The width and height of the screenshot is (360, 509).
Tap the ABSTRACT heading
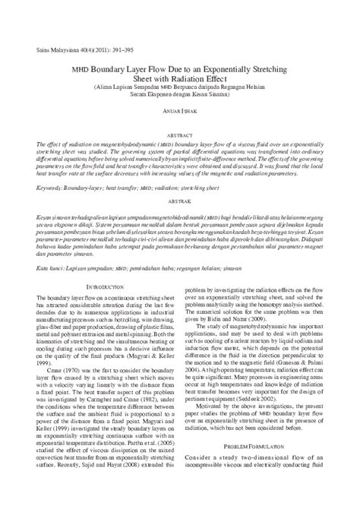click(x=180, y=134)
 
